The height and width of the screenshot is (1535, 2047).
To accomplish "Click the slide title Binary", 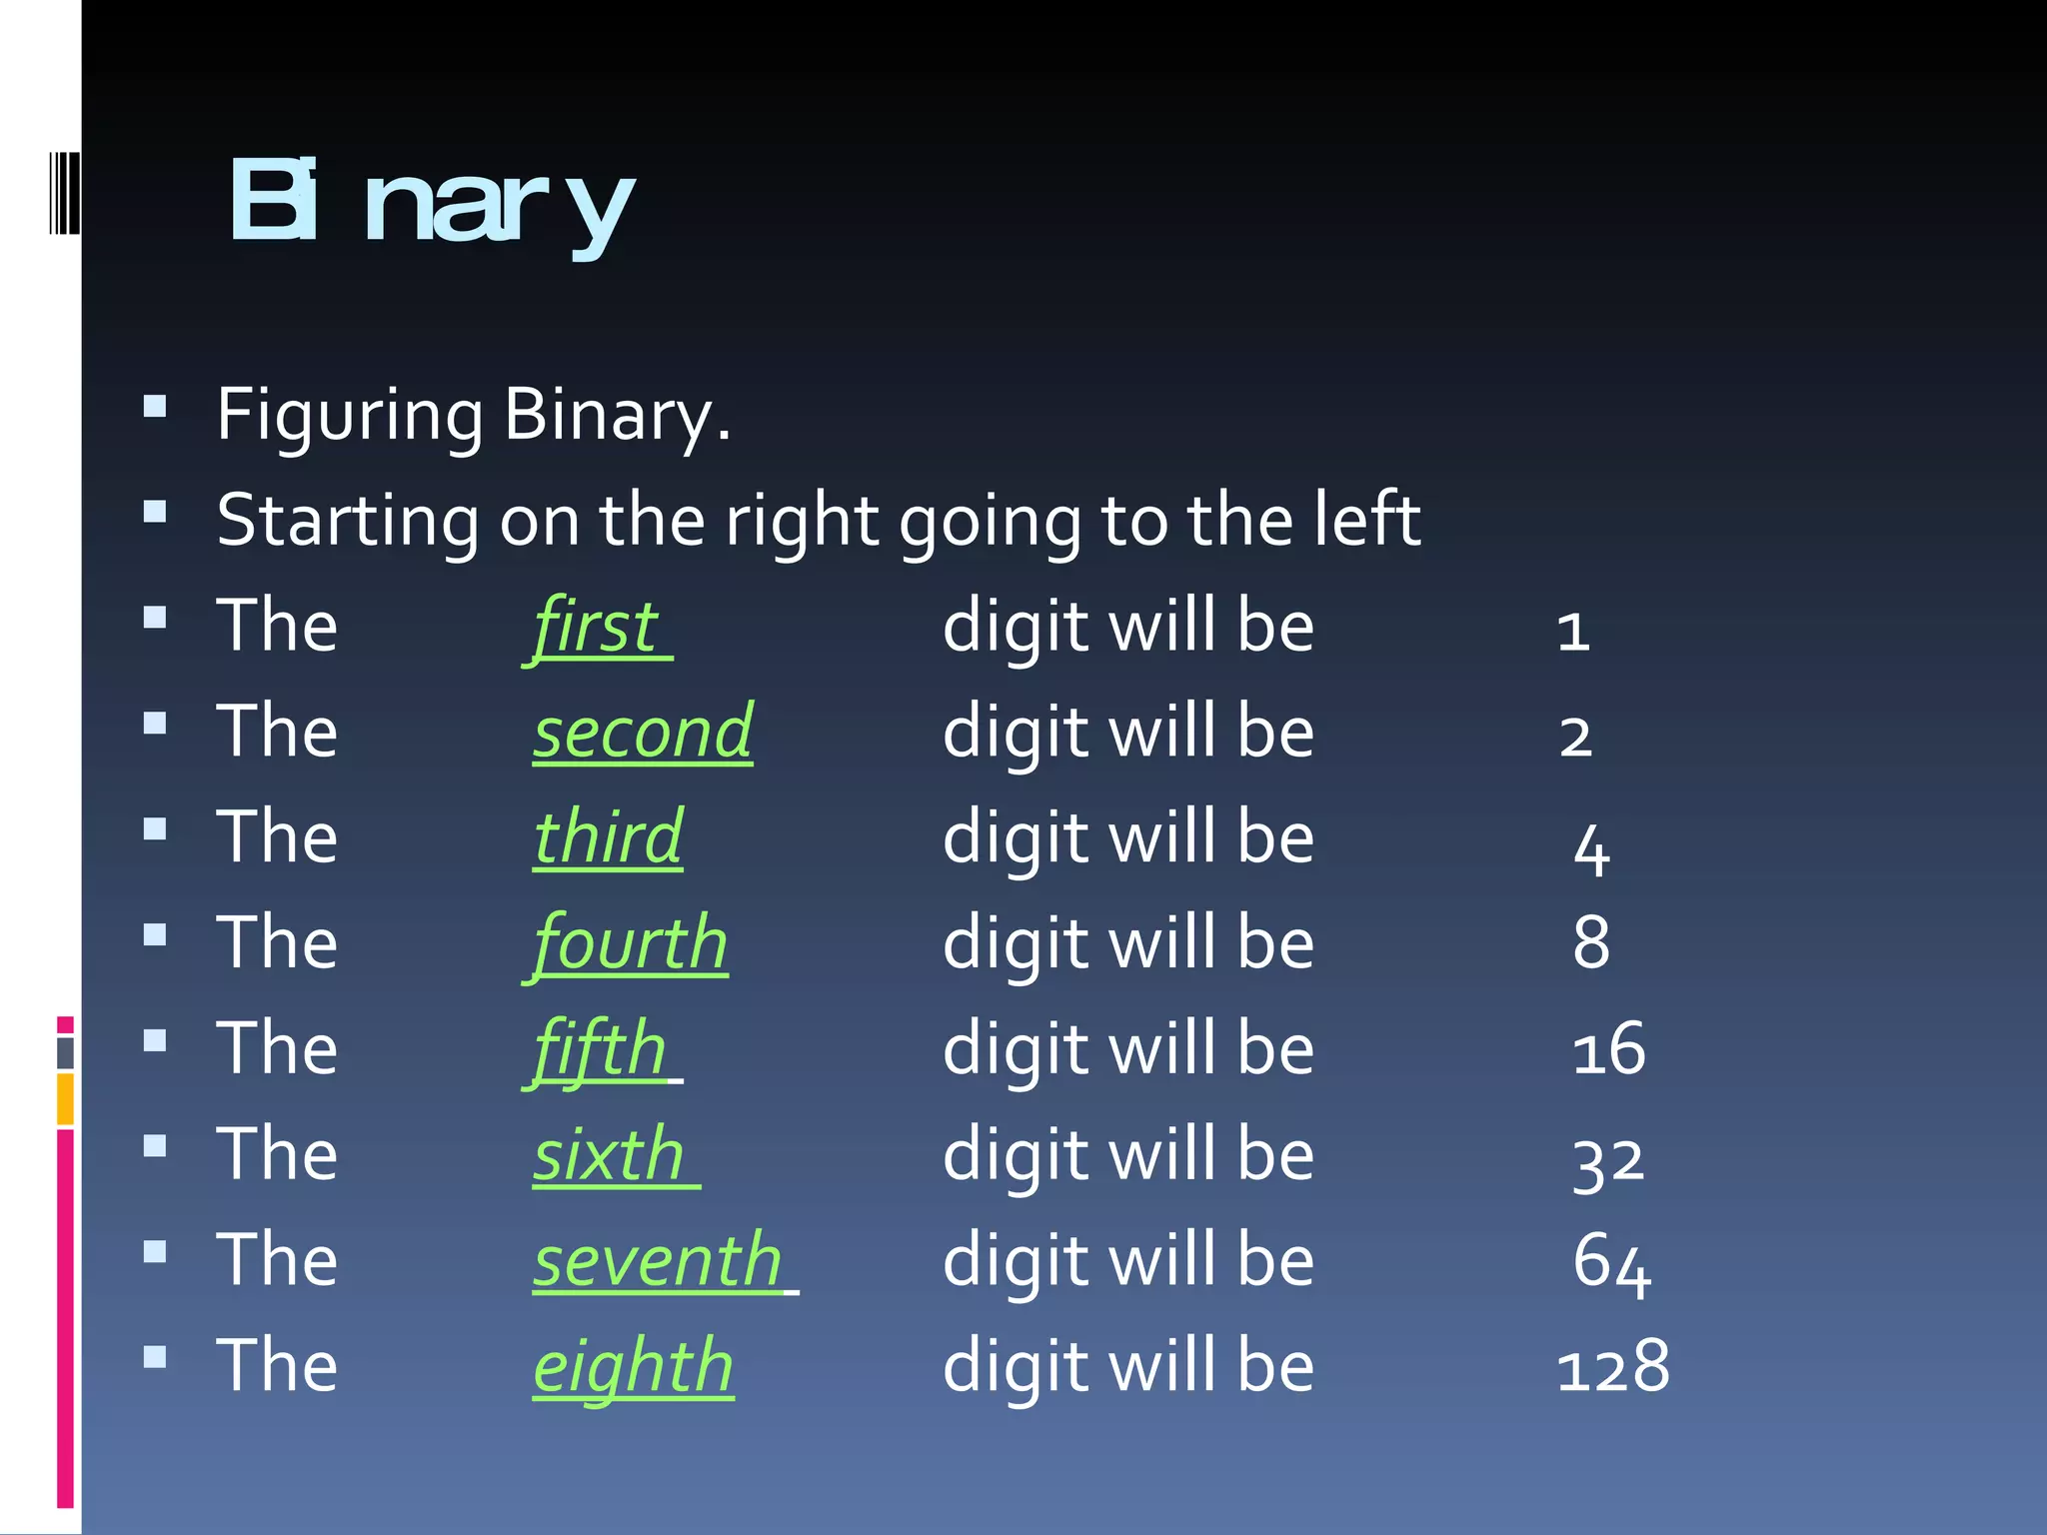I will coord(432,204).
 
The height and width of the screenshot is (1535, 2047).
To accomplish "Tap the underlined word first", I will coord(597,628).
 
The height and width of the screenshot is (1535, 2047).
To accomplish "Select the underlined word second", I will coord(643,733).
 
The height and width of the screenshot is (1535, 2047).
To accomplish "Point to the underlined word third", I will coord(608,837).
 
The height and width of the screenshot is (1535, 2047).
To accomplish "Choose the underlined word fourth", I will coord(629,943).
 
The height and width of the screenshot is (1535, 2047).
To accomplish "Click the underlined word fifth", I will coord(600,1049).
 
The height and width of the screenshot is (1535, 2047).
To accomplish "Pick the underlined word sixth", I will coord(609,1155).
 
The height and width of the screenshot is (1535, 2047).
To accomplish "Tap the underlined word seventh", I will coord(658,1261).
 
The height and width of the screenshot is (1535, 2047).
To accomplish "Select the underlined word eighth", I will coord(633,1367).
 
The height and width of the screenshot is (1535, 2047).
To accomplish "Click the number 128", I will coord(1612,1367).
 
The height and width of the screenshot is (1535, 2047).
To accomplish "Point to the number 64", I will coord(1611,1263).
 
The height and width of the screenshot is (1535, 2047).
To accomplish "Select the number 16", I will coord(1608,1050).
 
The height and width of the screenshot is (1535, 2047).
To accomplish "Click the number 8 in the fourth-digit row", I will coord(1591,943).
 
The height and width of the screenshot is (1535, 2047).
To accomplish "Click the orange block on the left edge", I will coord(65,1098).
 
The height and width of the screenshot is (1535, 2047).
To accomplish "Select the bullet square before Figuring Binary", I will coord(155,406).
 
